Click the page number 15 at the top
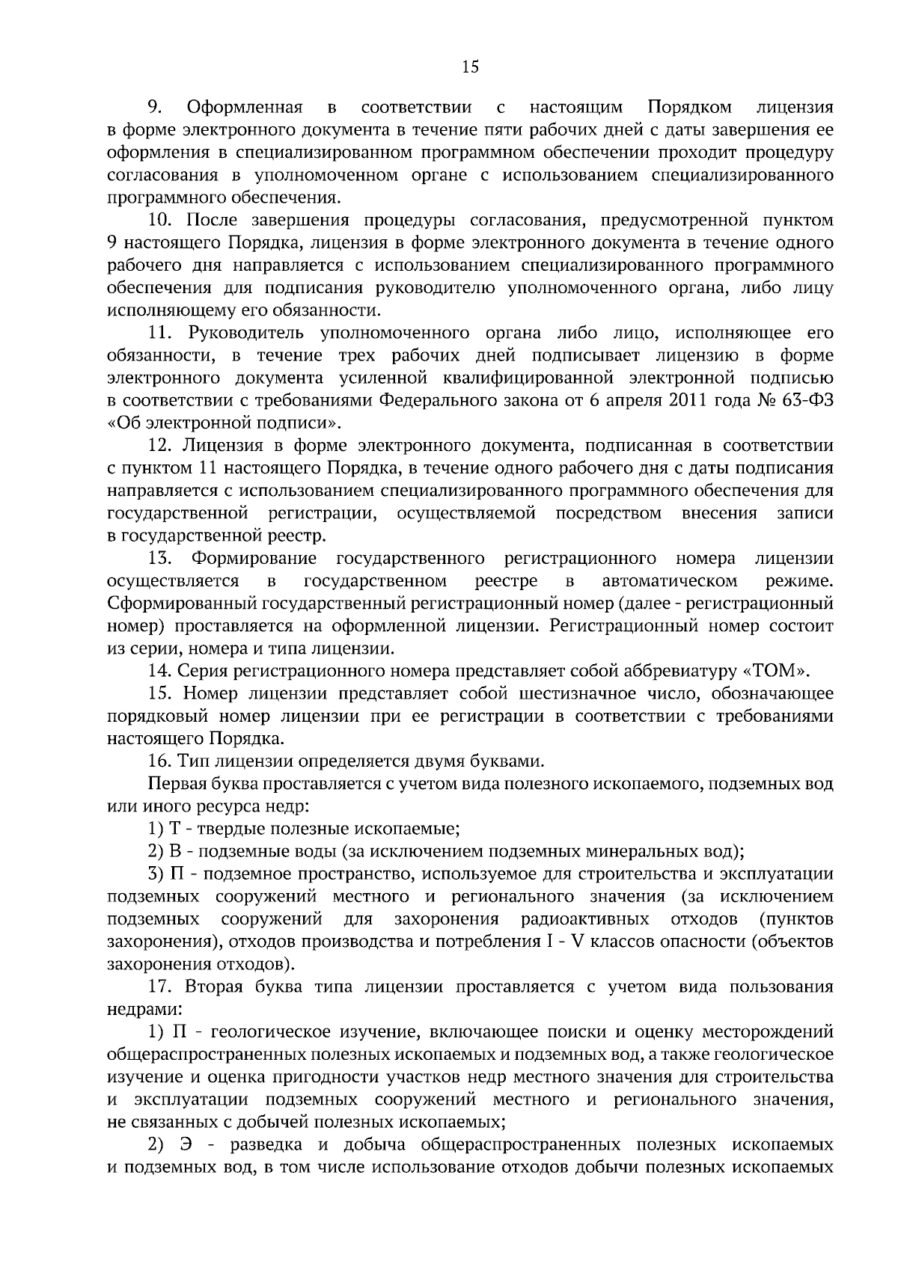[x=470, y=67]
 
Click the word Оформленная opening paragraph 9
[x=243, y=107]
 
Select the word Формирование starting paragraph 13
[x=254, y=559]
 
